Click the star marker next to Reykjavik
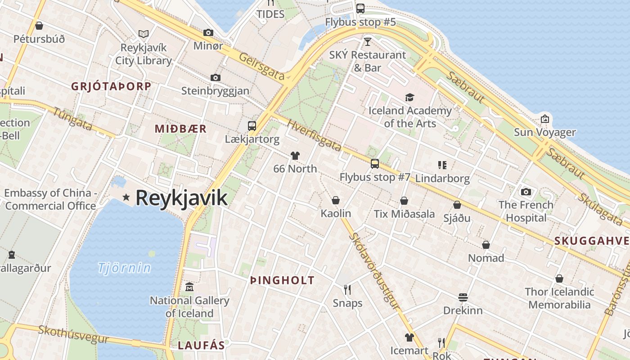(126, 197)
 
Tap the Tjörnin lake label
(125, 268)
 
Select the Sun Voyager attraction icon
(545, 119)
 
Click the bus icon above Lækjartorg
(252, 126)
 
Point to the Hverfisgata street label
(314, 135)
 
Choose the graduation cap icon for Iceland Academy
(409, 97)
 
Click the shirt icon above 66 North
(295, 156)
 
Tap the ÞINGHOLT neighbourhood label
(282, 280)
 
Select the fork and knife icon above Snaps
(347, 289)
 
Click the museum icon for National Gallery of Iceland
(189, 287)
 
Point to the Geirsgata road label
(262, 67)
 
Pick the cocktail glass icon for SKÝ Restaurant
(368, 42)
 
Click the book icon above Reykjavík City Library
(144, 34)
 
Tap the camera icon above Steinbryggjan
(216, 77)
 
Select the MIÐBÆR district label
(180, 129)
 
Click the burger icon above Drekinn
(463, 297)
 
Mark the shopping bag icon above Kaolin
(336, 200)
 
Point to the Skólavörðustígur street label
(374, 271)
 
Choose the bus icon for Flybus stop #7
(375, 164)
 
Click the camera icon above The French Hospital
(526, 192)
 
